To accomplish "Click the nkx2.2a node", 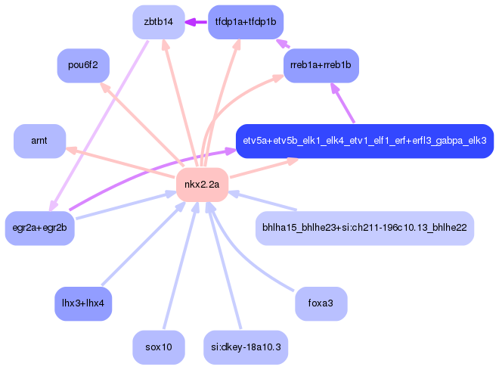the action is pyautogui.click(x=202, y=185).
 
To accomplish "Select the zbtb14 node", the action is pyautogui.click(x=159, y=22).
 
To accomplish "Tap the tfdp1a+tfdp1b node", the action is pyautogui.click(x=246, y=22).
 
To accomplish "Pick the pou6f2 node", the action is pyautogui.click(x=83, y=65).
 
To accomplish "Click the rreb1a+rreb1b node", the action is pyautogui.click(x=321, y=65).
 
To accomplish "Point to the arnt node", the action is pyautogui.click(x=39, y=141).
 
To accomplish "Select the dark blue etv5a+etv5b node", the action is pyautogui.click(x=364, y=141).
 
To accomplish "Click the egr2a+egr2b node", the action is pyautogui.click(x=40, y=228).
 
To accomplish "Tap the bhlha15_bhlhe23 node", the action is pyautogui.click(x=364, y=228).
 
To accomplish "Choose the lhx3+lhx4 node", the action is pyautogui.click(x=83, y=303).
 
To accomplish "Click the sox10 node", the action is pyautogui.click(x=159, y=347).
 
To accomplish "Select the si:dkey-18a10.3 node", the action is pyautogui.click(x=246, y=347).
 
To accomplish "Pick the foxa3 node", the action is pyautogui.click(x=321, y=303).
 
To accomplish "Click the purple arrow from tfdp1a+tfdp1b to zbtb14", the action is pyautogui.click(x=196, y=22).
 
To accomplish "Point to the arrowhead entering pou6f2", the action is pyautogui.click(x=105, y=88).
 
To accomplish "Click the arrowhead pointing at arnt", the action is pyautogui.click(x=71, y=150).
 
